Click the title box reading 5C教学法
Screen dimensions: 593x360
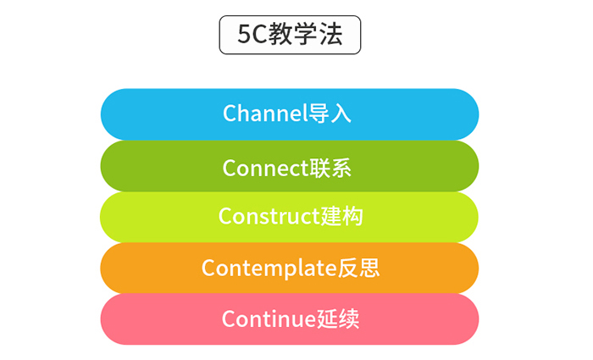[290, 35]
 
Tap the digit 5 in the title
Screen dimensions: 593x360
[244, 35]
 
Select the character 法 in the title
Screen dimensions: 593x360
[330, 34]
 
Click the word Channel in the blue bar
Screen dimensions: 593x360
[265, 113]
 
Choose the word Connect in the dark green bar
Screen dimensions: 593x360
[266, 168]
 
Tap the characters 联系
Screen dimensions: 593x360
[330, 168]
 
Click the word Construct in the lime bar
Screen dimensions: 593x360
[269, 216]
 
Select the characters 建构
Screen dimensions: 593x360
[342, 216]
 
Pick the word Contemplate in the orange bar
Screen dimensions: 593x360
[269, 269]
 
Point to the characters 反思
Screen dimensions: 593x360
[358, 268]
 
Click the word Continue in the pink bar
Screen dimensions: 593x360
[269, 318]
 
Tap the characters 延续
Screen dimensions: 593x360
[337, 318]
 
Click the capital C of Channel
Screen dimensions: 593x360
[230, 113]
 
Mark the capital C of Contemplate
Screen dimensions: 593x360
[208, 269]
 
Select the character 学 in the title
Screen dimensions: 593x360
[306, 34]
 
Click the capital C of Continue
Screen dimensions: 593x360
[229, 318]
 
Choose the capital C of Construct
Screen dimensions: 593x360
[225, 216]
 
